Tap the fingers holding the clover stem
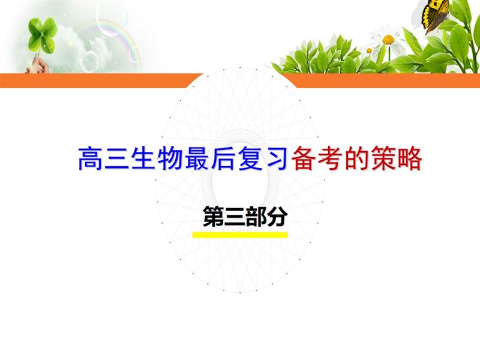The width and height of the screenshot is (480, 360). tap(38, 65)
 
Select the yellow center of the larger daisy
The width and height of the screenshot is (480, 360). tap(388, 40)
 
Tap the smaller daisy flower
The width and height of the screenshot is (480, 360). tap(369, 50)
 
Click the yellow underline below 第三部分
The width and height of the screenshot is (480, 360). tap(240, 235)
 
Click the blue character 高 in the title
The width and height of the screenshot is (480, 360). tap(89, 158)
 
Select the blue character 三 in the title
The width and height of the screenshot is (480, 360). tap(116, 158)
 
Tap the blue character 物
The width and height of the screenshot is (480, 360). tap(170, 158)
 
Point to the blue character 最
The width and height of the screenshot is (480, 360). tap(197, 158)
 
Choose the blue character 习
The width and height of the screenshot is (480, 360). tap(277, 158)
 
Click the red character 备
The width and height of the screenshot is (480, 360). tap(303, 158)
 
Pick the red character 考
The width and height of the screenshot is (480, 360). tap(329, 158)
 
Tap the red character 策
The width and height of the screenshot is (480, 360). tap(383, 158)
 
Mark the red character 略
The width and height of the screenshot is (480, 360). tap(410, 158)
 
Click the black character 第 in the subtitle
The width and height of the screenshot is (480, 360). tap(214, 217)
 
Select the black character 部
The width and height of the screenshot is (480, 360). tap(256, 217)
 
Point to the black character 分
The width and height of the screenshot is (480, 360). tap(277, 217)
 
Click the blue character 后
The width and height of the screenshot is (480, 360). tap(223, 158)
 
